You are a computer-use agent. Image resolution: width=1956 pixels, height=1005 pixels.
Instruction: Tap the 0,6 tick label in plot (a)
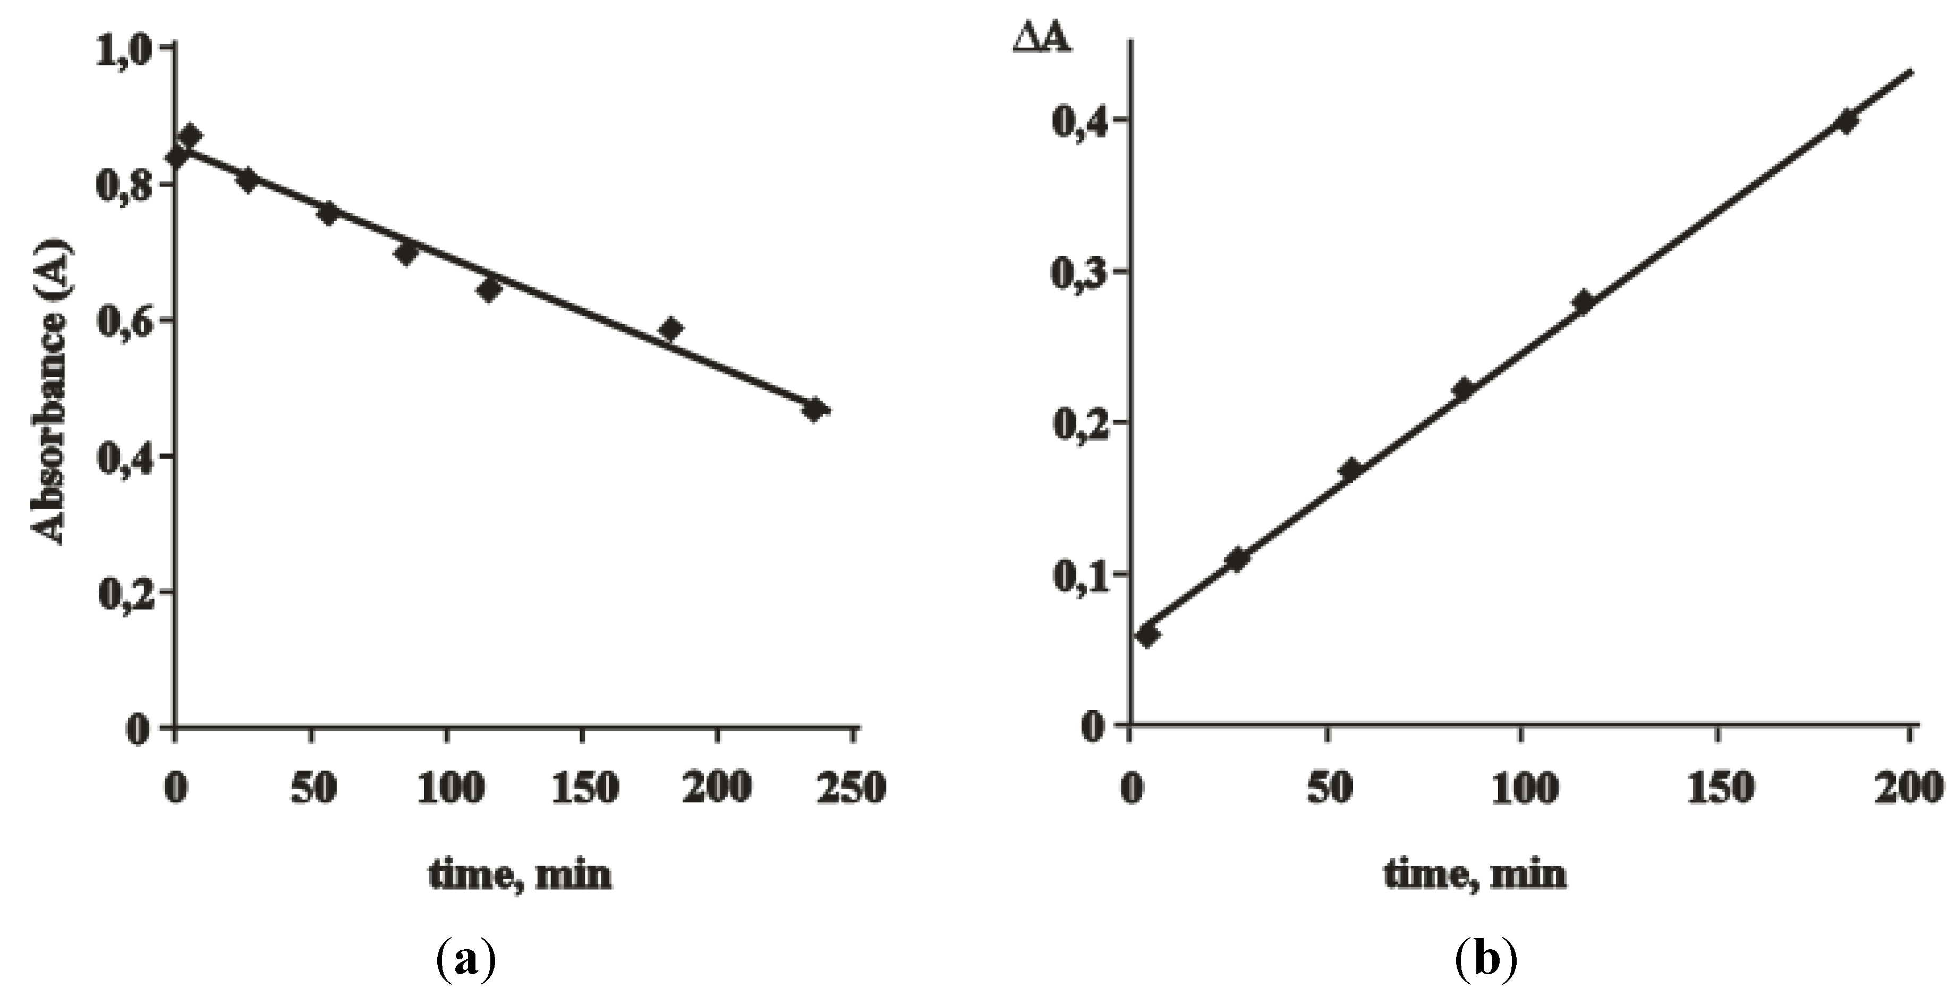[123, 322]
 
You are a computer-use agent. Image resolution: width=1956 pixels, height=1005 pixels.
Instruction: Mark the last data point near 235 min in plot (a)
[815, 410]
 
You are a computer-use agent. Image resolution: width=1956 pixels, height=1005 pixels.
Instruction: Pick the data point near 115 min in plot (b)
[1583, 301]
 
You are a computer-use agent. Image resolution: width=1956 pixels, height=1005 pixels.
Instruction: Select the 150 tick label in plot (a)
[583, 788]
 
